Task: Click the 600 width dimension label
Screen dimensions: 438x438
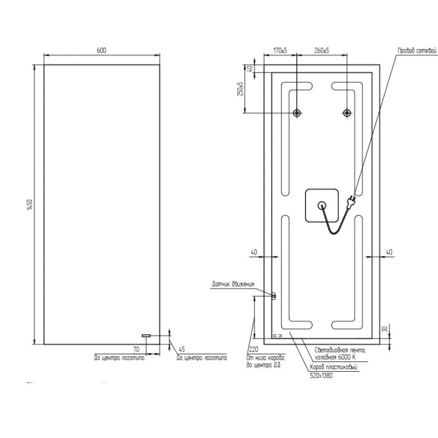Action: point(101,50)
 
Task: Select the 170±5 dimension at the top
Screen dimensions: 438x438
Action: point(280,50)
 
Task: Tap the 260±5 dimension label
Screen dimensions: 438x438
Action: point(322,50)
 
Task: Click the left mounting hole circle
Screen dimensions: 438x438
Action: point(297,113)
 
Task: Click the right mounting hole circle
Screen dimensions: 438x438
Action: point(347,113)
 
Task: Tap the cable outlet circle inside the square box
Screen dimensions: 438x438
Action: point(322,205)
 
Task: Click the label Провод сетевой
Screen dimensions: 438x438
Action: point(417,50)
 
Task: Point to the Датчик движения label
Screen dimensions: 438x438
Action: point(233,284)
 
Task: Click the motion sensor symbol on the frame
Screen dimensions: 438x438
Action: point(274,296)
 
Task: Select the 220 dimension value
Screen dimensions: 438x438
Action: point(253,349)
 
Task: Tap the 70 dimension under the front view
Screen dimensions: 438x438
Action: point(136,349)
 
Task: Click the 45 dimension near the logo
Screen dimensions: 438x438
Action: point(181,349)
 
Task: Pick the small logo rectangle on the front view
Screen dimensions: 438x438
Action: point(146,335)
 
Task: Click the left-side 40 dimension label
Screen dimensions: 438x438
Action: point(253,252)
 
